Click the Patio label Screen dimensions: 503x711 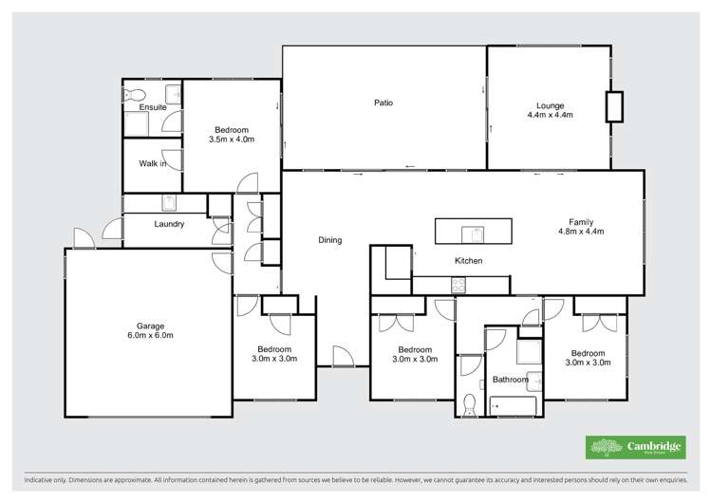[x=382, y=102]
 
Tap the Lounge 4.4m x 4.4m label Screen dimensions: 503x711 [x=550, y=109]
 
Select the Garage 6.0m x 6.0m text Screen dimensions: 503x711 [x=150, y=330]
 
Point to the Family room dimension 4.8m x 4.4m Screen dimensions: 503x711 [x=580, y=231]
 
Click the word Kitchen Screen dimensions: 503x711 [x=469, y=260]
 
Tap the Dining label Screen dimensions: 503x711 [x=329, y=240]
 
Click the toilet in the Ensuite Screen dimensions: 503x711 [x=133, y=94]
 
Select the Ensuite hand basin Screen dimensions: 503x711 [x=174, y=93]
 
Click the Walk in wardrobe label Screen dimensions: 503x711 [x=153, y=164]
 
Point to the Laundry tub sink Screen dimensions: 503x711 [x=168, y=202]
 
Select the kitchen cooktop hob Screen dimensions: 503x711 [x=458, y=283]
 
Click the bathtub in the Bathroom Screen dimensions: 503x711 [x=513, y=405]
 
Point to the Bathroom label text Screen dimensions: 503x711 [x=510, y=380]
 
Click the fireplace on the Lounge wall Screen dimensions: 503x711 [x=615, y=105]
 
